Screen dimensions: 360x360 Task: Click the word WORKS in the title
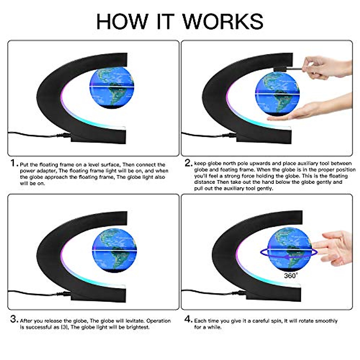pos(223,22)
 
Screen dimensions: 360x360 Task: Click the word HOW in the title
pos(122,22)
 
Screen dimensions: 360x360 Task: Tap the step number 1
pos(13,163)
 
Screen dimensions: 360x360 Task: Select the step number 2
pos(188,163)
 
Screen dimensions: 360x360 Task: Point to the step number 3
pos(14,319)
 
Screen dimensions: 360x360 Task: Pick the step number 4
pos(188,319)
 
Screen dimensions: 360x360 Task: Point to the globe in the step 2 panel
pos(277,94)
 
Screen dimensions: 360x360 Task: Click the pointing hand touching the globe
pos(333,247)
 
